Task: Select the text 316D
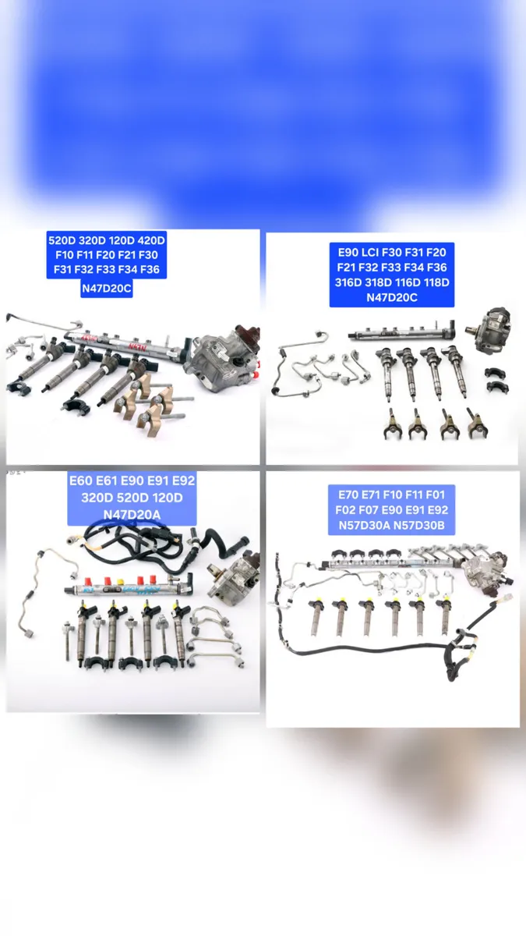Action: (348, 282)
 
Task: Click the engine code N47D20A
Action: (132, 515)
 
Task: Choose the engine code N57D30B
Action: (419, 526)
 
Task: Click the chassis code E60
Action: (83, 480)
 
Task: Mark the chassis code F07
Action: (365, 510)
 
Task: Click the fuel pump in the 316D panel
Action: (492, 328)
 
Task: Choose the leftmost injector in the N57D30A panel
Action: (317, 616)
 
